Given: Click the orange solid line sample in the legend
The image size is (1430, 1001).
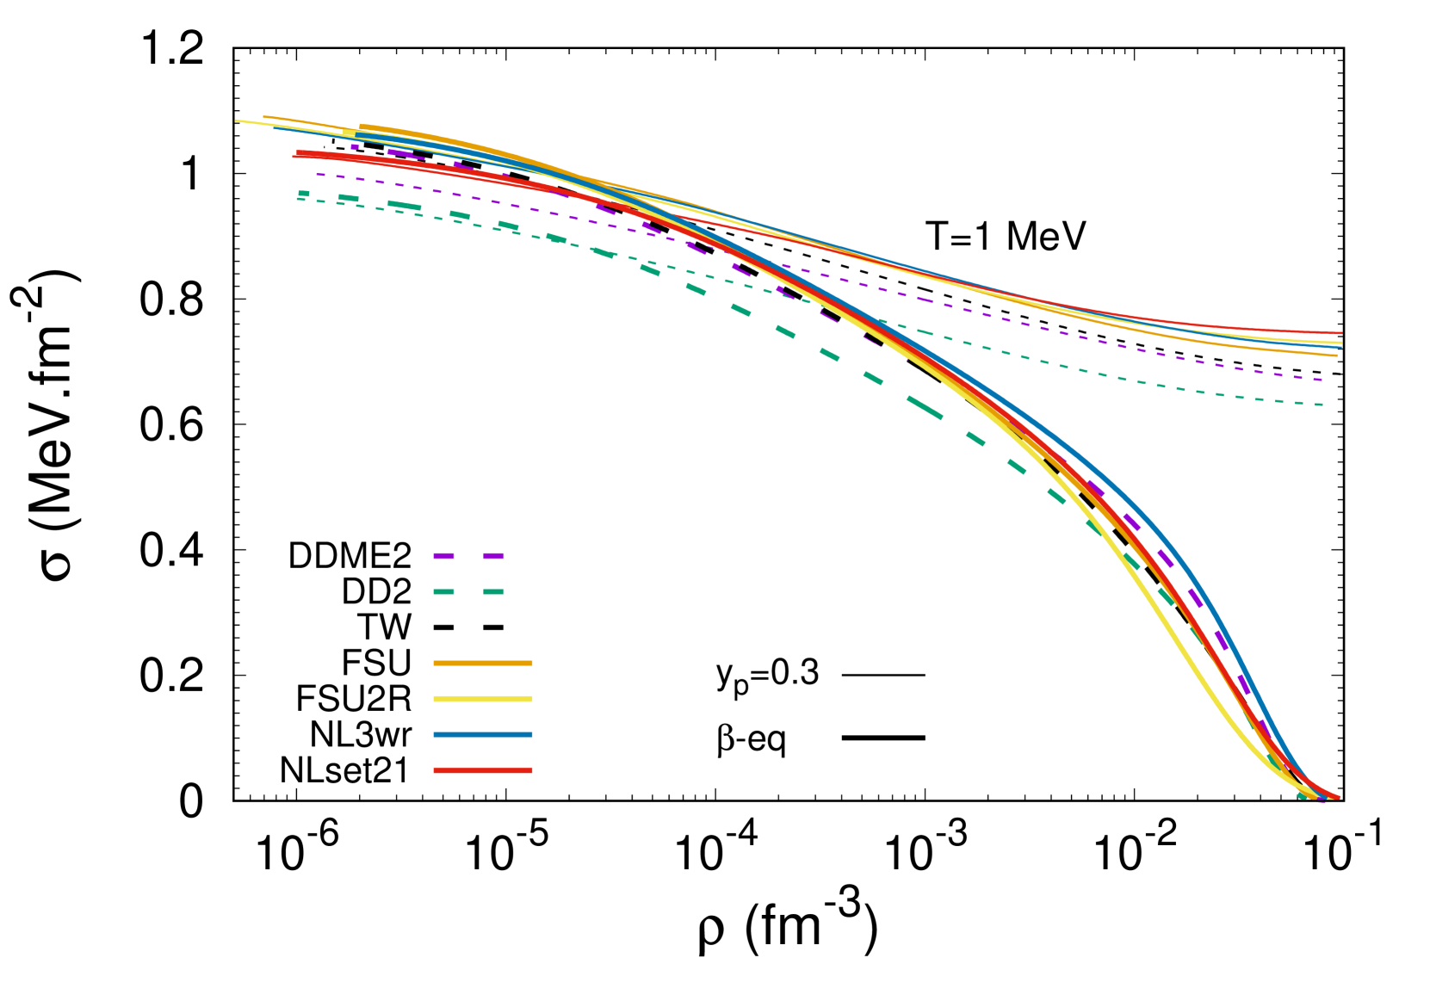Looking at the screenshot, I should pos(482,663).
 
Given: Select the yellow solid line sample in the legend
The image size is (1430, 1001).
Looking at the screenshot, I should pos(482,699).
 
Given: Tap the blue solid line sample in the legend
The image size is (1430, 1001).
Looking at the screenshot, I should pos(482,735).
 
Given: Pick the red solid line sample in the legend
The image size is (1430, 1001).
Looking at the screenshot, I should pos(482,770).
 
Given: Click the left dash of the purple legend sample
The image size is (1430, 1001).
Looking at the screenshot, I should pos(443,556).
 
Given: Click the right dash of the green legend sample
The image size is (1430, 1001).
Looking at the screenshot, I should pos(493,592).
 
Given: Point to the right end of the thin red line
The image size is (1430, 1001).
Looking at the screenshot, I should pos(1340,333).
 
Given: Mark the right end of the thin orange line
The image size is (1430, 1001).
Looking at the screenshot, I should pos(1336,355).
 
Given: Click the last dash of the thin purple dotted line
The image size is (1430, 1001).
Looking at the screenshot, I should pos(1317,380).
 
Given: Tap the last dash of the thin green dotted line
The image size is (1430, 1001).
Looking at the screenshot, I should pos(1317,405).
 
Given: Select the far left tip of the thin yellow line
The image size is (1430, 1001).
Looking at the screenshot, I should pos(237,120).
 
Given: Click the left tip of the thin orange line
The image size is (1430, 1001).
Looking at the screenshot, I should pos(264,116).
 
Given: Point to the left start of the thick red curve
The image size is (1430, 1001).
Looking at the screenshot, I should pos(298,153).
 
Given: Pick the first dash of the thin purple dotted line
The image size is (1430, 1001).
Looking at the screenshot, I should pos(320,175).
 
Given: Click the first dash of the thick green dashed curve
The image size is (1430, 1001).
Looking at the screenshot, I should pos(303,194).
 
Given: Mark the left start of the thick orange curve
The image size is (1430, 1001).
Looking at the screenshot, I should pos(361,127).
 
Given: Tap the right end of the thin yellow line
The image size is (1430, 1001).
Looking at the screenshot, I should pos(1340,343).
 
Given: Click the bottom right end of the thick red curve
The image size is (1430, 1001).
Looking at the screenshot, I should pos(1338,797).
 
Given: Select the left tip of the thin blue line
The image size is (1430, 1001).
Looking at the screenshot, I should pos(275,128).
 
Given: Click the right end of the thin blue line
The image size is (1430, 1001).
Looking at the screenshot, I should pos(1340,348).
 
